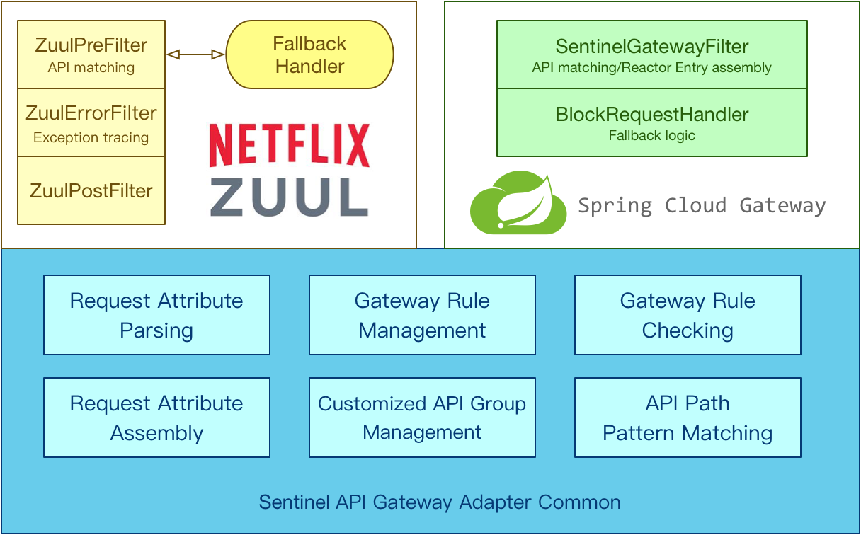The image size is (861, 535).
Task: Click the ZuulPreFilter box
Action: point(91,54)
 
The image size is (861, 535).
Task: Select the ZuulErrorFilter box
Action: point(91,122)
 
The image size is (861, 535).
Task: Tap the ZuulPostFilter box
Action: point(91,190)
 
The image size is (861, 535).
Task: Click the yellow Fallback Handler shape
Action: point(309,55)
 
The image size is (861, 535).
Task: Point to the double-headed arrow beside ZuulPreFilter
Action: point(195,54)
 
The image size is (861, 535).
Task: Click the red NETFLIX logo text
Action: point(289,146)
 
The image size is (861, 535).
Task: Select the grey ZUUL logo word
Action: point(289,196)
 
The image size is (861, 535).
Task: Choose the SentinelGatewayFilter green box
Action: point(651,55)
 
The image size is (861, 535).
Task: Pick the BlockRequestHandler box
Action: point(651,122)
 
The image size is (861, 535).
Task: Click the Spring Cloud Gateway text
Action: point(702,206)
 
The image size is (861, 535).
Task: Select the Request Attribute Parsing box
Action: point(156,315)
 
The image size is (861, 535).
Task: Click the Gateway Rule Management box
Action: point(422,315)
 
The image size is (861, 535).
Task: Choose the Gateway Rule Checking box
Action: point(688,315)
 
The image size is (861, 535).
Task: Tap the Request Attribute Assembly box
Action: point(156,418)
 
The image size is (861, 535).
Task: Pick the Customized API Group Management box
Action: point(422,418)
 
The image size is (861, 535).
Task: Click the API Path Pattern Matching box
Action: point(688,418)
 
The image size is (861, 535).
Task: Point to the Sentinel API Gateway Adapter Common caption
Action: point(440,502)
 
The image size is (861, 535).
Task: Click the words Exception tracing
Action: point(91,138)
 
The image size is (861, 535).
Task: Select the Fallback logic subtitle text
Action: point(651,135)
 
